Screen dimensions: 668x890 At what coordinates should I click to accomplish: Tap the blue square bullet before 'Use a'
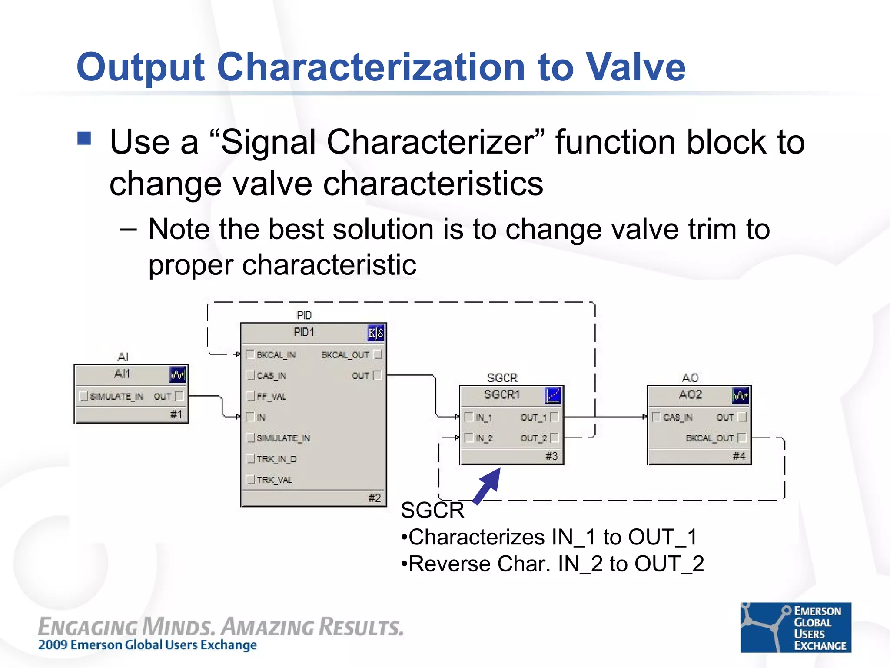tap(84, 138)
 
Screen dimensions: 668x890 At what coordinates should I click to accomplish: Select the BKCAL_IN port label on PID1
tap(276, 355)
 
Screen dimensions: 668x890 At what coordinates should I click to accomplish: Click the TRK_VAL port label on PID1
tap(275, 480)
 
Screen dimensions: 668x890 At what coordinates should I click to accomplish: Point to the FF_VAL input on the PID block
tap(271, 397)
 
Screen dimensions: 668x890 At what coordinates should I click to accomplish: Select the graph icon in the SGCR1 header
tap(553, 395)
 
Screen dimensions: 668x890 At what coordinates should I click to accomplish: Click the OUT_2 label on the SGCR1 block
tap(533, 438)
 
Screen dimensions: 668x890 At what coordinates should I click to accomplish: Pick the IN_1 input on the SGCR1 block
tap(484, 417)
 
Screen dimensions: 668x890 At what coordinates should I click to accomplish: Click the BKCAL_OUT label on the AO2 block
tap(710, 438)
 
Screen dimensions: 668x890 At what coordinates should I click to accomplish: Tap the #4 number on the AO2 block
tap(739, 456)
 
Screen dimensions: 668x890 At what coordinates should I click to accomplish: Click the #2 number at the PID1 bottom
tap(374, 498)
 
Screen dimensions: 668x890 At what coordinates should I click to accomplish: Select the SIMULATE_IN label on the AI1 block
tap(116, 397)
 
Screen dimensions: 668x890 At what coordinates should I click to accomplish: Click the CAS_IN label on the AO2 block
tap(677, 417)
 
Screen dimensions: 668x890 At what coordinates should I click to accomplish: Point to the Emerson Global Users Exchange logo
tap(796, 628)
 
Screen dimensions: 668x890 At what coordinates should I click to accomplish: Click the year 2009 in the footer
tap(53, 645)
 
